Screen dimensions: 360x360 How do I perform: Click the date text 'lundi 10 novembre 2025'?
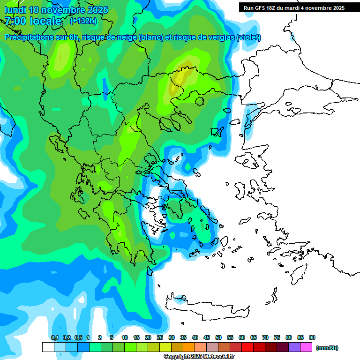tap(56, 10)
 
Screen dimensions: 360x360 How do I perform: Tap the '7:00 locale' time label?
tap(33, 21)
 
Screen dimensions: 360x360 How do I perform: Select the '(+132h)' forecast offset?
tap(83, 21)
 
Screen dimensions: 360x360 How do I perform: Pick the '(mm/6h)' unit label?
tap(327, 348)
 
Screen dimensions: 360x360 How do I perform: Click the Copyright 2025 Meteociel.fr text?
tap(199, 357)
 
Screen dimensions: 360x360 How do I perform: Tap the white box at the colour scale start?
tap(48, 347)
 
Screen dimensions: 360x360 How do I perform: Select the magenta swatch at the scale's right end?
tap(306, 347)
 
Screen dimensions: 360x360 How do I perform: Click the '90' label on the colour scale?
tap(312, 337)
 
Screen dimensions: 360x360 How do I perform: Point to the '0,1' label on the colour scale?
tap(54, 337)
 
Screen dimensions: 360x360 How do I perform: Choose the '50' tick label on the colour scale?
tap(218, 337)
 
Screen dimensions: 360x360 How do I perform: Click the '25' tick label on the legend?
tap(160, 337)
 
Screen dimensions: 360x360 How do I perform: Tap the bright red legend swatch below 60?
tap(247, 347)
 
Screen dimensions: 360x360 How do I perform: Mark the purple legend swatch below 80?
tap(294, 347)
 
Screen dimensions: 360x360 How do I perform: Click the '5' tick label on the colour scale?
tap(112, 337)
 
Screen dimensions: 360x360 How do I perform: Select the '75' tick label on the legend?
tap(277, 337)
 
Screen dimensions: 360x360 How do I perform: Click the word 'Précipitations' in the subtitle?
tap(28, 37)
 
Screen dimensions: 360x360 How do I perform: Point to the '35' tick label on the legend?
tap(183, 337)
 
